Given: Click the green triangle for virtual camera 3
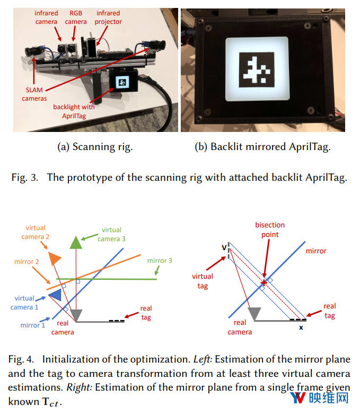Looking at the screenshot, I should click(x=76, y=242).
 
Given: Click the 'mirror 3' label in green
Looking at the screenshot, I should click(x=160, y=261).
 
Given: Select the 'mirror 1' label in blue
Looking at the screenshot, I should click(x=33, y=325).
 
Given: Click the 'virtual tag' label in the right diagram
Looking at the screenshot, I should click(x=203, y=281).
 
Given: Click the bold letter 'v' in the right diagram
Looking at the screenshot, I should click(x=224, y=246).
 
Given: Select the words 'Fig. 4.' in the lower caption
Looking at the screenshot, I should click(x=20, y=359).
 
